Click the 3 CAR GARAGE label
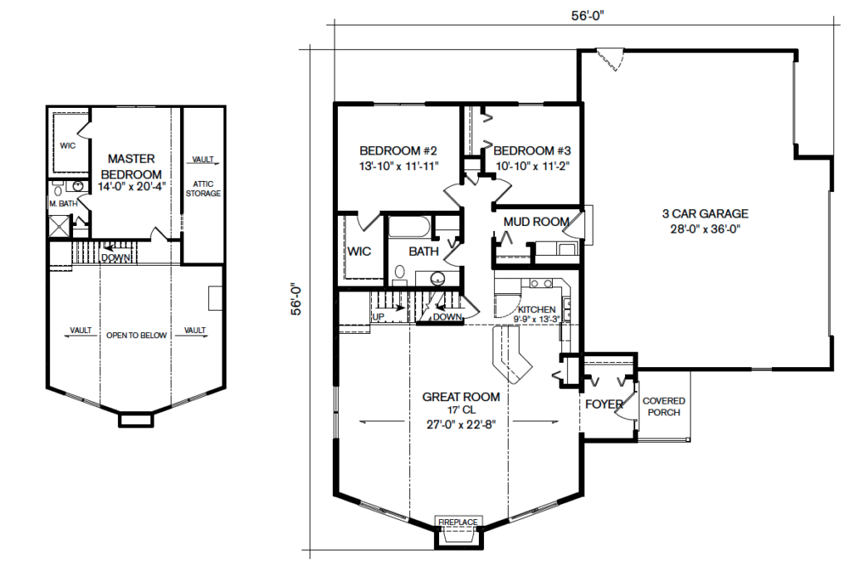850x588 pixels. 706,213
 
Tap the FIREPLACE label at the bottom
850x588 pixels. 458,522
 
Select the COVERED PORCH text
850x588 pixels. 664,406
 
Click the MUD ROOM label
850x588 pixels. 536,222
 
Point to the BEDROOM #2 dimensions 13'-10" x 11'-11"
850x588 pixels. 398,166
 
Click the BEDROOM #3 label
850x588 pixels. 532,151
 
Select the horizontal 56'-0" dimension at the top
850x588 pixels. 587,16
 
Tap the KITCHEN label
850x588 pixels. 537,309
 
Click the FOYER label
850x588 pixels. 604,404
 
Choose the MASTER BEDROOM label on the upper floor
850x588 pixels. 131,167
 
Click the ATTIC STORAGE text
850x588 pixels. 203,189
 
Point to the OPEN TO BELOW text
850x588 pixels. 137,336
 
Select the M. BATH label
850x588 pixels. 63,203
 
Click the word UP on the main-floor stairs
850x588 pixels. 379,316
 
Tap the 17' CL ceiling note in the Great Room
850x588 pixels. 462,410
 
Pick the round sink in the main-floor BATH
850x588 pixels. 437,279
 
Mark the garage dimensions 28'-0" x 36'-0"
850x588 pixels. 706,229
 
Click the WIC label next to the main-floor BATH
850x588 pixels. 359,251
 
